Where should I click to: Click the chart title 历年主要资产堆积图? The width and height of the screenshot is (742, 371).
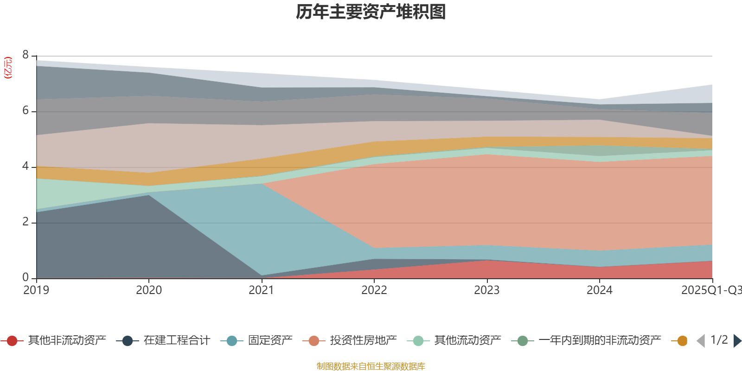pyautogui.click(x=371, y=12)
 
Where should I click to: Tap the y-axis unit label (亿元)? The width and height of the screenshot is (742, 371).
pyautogui.click(x=8, y=68)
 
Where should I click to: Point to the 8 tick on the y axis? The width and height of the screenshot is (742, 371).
pyautogui.click(x=26, y=55)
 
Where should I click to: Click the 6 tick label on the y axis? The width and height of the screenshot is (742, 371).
pyautogui.click(x=26, y=111)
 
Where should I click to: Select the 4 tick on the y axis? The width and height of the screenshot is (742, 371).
pyautogui.click(x=26, y=166)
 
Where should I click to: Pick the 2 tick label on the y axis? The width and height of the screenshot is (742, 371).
pyautogui.click(x=26, y=222)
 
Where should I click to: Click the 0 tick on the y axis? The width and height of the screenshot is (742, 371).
pyautogui.click(x=26, y=278)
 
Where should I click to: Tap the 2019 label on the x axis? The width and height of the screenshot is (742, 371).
pyautogui.click(x=36, y=290)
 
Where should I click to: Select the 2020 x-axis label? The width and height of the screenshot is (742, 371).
pyautogui.click(x=149, y=290)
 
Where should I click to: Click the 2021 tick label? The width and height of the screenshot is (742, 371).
pyautogui.click(x=262, y=290)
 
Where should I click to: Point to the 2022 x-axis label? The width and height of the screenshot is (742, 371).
pyautogui.click(x=374, y=290)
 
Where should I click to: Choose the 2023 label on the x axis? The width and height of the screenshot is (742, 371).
pyautogui.click(x=487, y=290)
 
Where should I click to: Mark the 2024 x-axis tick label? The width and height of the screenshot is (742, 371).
pyautogui.click(x=600, y=290)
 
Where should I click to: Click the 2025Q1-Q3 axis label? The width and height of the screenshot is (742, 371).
pyautogui.click(x=710, y=290)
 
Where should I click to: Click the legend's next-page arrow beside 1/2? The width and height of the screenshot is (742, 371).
pyautogui.click(x=737, y=341)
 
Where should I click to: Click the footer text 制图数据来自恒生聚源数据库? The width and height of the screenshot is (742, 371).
pyautogui.click(x=371, y=366)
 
